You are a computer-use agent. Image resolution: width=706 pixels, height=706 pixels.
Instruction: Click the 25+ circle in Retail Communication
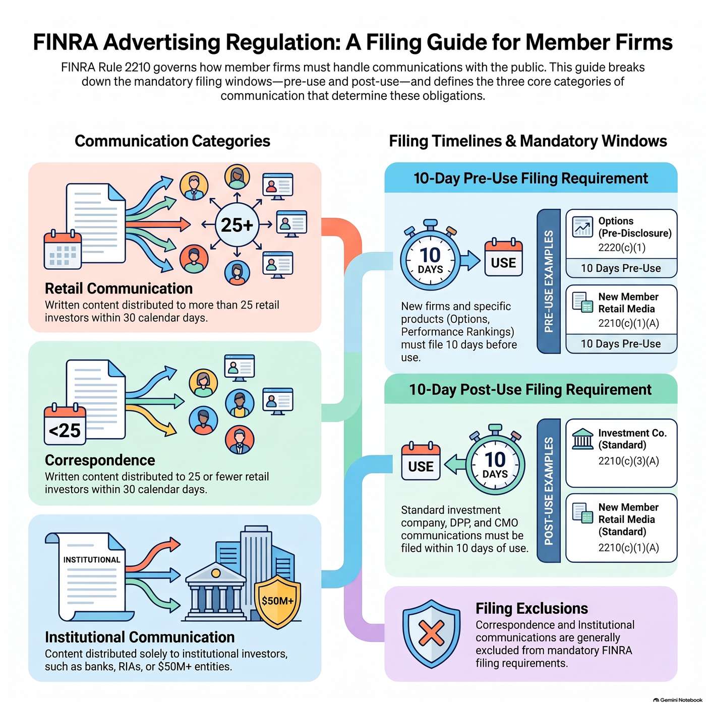(x=237, y=224)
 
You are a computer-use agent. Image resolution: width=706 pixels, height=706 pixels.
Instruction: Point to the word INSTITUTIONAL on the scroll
(x=92, y=559)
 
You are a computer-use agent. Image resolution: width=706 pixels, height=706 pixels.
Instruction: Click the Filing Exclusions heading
(x=532, y=609)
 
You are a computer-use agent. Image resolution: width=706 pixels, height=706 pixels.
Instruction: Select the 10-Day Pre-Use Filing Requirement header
(x=531, y=179)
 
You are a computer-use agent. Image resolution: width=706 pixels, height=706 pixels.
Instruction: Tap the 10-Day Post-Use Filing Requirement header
(x=530, y=389)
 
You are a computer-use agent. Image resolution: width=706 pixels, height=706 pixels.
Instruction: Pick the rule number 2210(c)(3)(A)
(x=629, y=461)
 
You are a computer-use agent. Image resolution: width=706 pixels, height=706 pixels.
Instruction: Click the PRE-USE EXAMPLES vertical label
(x=549, y=281)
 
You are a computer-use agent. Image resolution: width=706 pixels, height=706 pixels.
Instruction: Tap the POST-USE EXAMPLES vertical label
(x=549, y=491)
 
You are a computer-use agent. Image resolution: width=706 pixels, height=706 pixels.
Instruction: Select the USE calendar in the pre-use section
(x=503, y=258)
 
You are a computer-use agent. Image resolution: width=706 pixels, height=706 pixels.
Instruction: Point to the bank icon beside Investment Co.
(x=582, y=439)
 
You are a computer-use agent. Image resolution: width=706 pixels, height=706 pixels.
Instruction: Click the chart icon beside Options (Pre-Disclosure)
(x=582, y=227)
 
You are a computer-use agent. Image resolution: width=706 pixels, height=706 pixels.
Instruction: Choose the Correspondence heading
(x=100, y=460)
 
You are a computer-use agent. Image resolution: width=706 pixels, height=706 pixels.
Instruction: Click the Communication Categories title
(x=172, y=141)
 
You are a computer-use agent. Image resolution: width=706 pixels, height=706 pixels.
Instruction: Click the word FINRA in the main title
(x=66, y=42)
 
